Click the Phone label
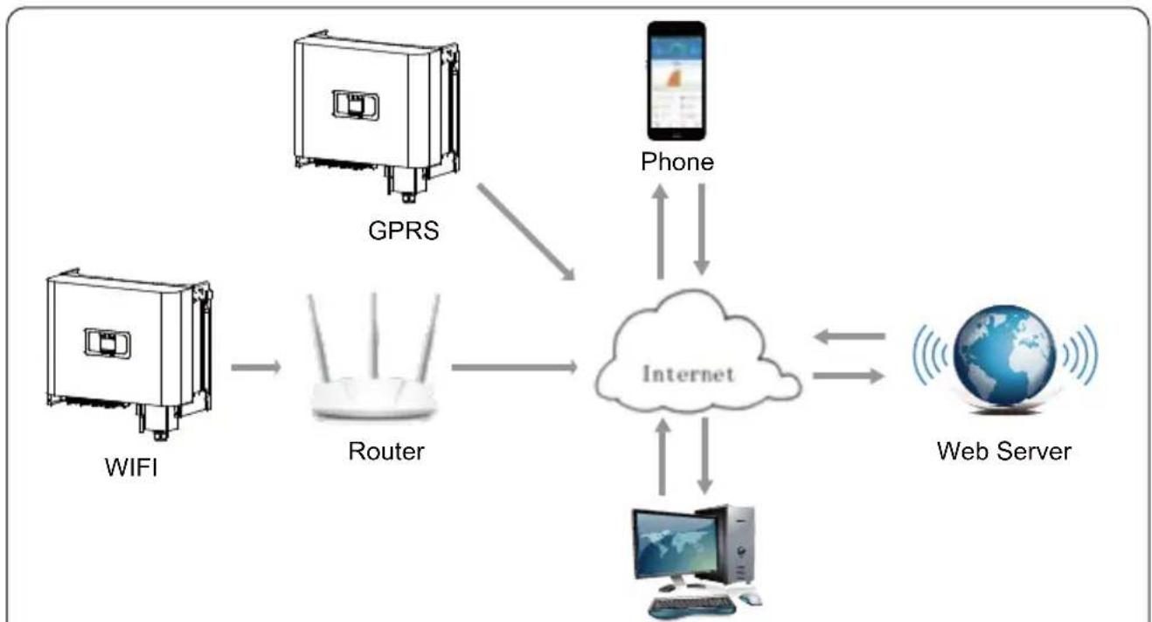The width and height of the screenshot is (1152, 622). click(677, 162)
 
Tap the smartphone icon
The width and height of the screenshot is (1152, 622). click(677, 80)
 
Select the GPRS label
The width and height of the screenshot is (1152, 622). click(404, 231)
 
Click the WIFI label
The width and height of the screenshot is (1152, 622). click(131, 467)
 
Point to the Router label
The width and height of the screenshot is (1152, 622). click(386, 452)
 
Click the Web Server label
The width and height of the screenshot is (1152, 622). click(1004, 452)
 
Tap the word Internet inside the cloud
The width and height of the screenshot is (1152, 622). click(689, 374)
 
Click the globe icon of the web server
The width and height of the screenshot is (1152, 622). click(1004, 356)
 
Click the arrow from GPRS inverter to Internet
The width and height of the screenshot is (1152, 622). click(525, 232)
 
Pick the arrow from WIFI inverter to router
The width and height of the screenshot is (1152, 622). click(256, 367)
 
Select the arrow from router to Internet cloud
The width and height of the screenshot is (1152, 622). click(515, 367)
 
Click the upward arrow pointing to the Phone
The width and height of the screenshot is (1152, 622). click(660, 232)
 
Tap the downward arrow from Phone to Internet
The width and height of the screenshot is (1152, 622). click(702, 229)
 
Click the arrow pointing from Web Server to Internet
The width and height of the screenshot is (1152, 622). click(849, 336)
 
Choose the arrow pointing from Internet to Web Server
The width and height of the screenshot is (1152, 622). click(849, 376)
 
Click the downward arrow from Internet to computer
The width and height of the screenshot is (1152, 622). click(704, 456)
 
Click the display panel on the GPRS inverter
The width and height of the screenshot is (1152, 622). click(356, 105)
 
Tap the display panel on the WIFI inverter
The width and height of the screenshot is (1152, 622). click(108, 342)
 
